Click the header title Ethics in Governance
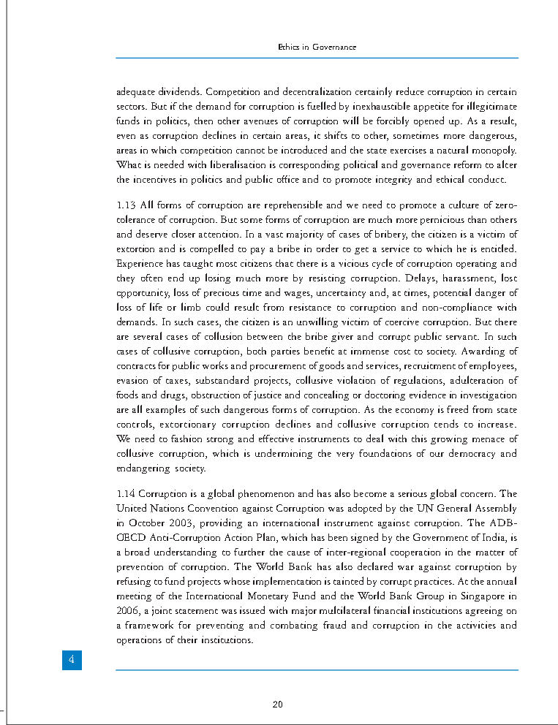[317, 47]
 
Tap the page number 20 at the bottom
[277, 705]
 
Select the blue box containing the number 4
[71, 659]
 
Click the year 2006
[127, 611]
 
